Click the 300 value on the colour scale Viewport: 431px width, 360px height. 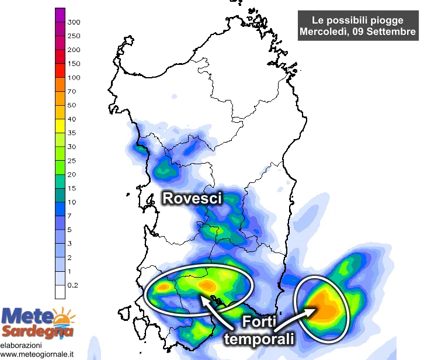74,22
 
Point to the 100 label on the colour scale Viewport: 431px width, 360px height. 74,78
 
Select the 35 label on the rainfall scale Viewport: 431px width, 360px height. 72,133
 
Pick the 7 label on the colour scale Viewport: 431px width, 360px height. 70,216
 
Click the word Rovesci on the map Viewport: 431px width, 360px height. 192,199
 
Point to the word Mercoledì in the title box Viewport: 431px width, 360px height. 326,32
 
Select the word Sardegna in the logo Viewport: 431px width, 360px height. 39,333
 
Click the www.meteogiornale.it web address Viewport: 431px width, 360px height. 38,354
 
